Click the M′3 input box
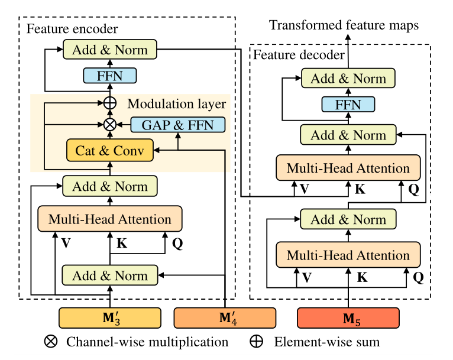pyautogui.click(x=110, y=319)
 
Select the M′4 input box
pyautogui.click(x=225, y=319)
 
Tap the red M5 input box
pyautogui.click(x=348, y=319)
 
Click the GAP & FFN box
pyautogui.click(x=177, y=125)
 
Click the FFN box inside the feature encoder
pyautogui.click(x=109, y=75)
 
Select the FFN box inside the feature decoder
pyautogui.click(x=348, y=105)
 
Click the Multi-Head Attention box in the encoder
pyautogui.click(x=110, y=220)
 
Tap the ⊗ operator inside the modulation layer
pyautogui.click(x=109, y=125)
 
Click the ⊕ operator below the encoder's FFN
pyautogui.click(x=109, y=103)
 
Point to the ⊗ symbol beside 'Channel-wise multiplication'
pyautogui.click(x=51, y=342)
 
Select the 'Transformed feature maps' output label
pyautogui.click(x=344, y=25)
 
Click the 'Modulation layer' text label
pyautogui.click(x=177, y=105)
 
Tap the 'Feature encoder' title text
pyautogui.click(x=72, y=28)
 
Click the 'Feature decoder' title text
pyautogui.click(x=299, y=55)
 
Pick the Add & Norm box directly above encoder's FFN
pyautogui.click(x=109, y=50)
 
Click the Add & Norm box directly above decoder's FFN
pyautogui.click(x=348, y=79)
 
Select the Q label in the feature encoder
pyautogui.click(x=177, y=242)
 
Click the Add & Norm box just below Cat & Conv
pyautogui.click(x=110, y=187)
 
